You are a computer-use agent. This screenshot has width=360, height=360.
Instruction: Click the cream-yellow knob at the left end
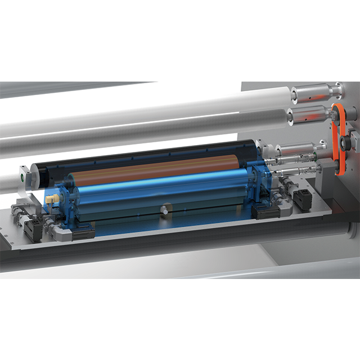(x=52, y=199)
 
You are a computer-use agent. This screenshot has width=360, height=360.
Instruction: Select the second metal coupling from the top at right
(x=309, y=114)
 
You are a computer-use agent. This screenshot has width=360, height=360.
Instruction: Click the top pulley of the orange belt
(x=338, y=111)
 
